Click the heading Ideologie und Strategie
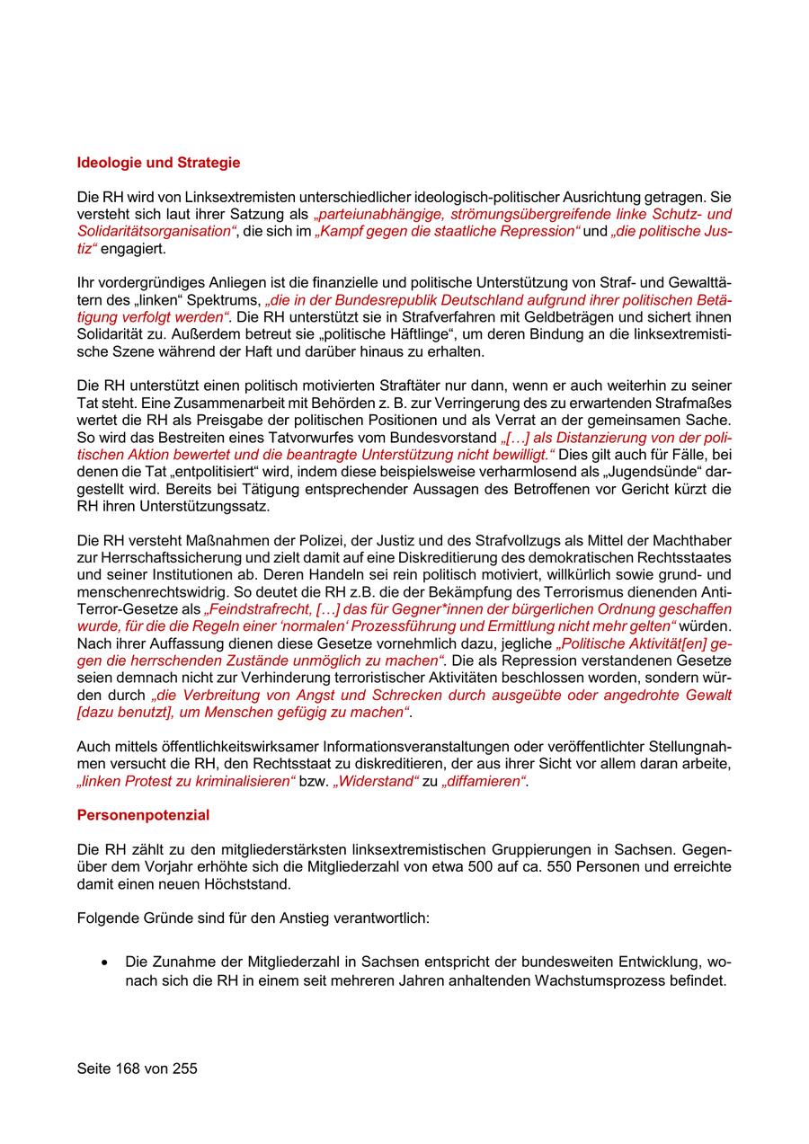(x=158, y=163)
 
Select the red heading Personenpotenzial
(x=143, y=815)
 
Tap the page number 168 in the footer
(x=131, y=1069)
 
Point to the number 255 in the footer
(x=182, y=1069)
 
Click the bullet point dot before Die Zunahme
(x=106, y=962)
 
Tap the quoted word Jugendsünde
(x=647, y=472)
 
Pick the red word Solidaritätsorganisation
(x=155, y=231)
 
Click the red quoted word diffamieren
(x=485, y=781)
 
